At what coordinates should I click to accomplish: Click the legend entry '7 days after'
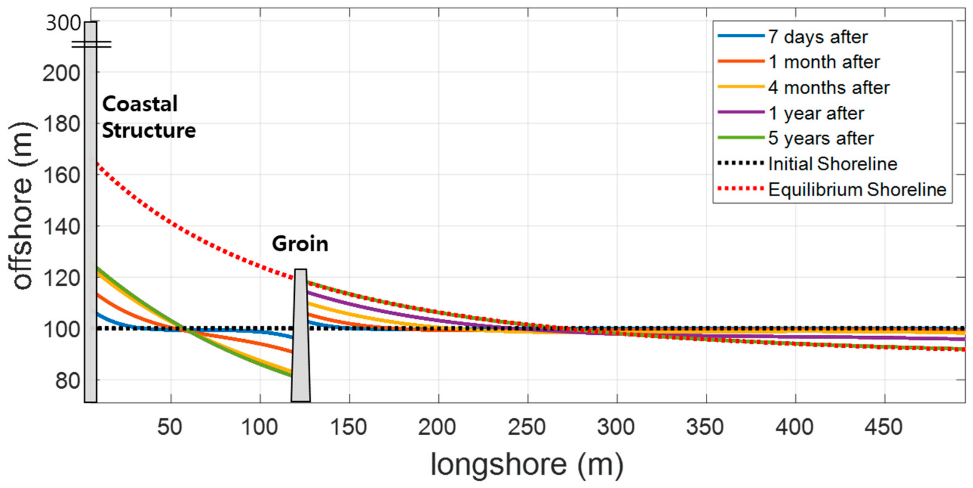[x=818, y=37]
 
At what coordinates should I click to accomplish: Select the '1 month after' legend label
[x=824, y=62]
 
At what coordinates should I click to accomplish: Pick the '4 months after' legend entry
[x=829, y=88]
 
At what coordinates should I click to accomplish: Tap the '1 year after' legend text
[x=816, y=113]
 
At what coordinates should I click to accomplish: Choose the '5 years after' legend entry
[x=821, y=138]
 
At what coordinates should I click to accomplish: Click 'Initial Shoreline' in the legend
[x=832, y=164]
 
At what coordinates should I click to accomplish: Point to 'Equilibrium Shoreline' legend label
[x=857, y=189]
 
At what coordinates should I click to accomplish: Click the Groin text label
[x=300, y=244]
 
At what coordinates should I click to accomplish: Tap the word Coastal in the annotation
[x=140, y=104]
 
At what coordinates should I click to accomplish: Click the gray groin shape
[x=301, y=340]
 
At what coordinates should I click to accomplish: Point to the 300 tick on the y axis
[x=63, y=23]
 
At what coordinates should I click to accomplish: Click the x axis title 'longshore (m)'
[x=527, y=464]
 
